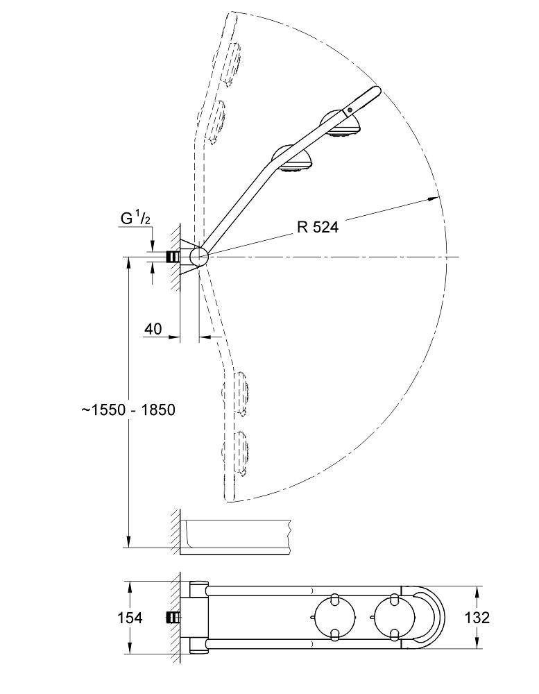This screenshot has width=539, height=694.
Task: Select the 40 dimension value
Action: coord(153,328)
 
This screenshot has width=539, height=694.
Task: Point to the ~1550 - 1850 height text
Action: coord(128,409)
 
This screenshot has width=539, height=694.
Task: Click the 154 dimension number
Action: coord(130,618)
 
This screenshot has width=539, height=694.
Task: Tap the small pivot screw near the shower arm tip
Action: coord(351,110)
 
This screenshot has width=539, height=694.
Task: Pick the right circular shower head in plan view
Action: coord(393,616)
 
